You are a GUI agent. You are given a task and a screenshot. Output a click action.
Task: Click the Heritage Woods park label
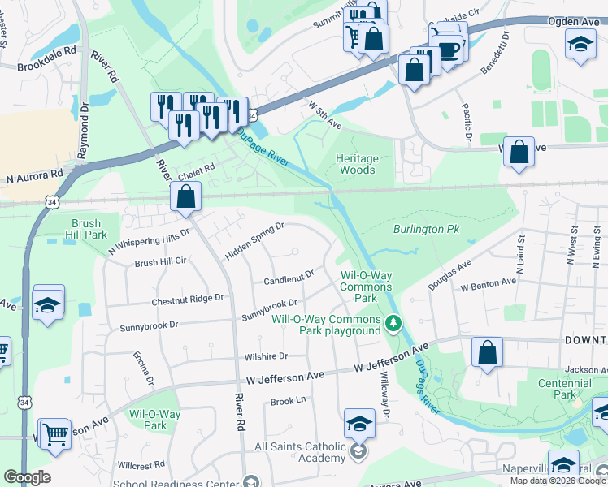[x=356, y=164]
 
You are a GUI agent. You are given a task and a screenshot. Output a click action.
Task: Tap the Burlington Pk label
[x=427, y=230]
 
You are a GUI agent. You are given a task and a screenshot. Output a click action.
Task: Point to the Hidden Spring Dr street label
[x=254, y=242]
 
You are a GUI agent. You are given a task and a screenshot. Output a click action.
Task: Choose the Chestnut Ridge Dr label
[x=188, y=300]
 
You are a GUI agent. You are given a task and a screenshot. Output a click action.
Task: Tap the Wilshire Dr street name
[x=266, y=356]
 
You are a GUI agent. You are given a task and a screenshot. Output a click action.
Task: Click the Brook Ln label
[x=288, y=401]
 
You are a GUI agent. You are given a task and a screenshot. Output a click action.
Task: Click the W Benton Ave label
[x=488, y=286]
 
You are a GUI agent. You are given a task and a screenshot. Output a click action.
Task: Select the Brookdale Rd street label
[x=46, y=49]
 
